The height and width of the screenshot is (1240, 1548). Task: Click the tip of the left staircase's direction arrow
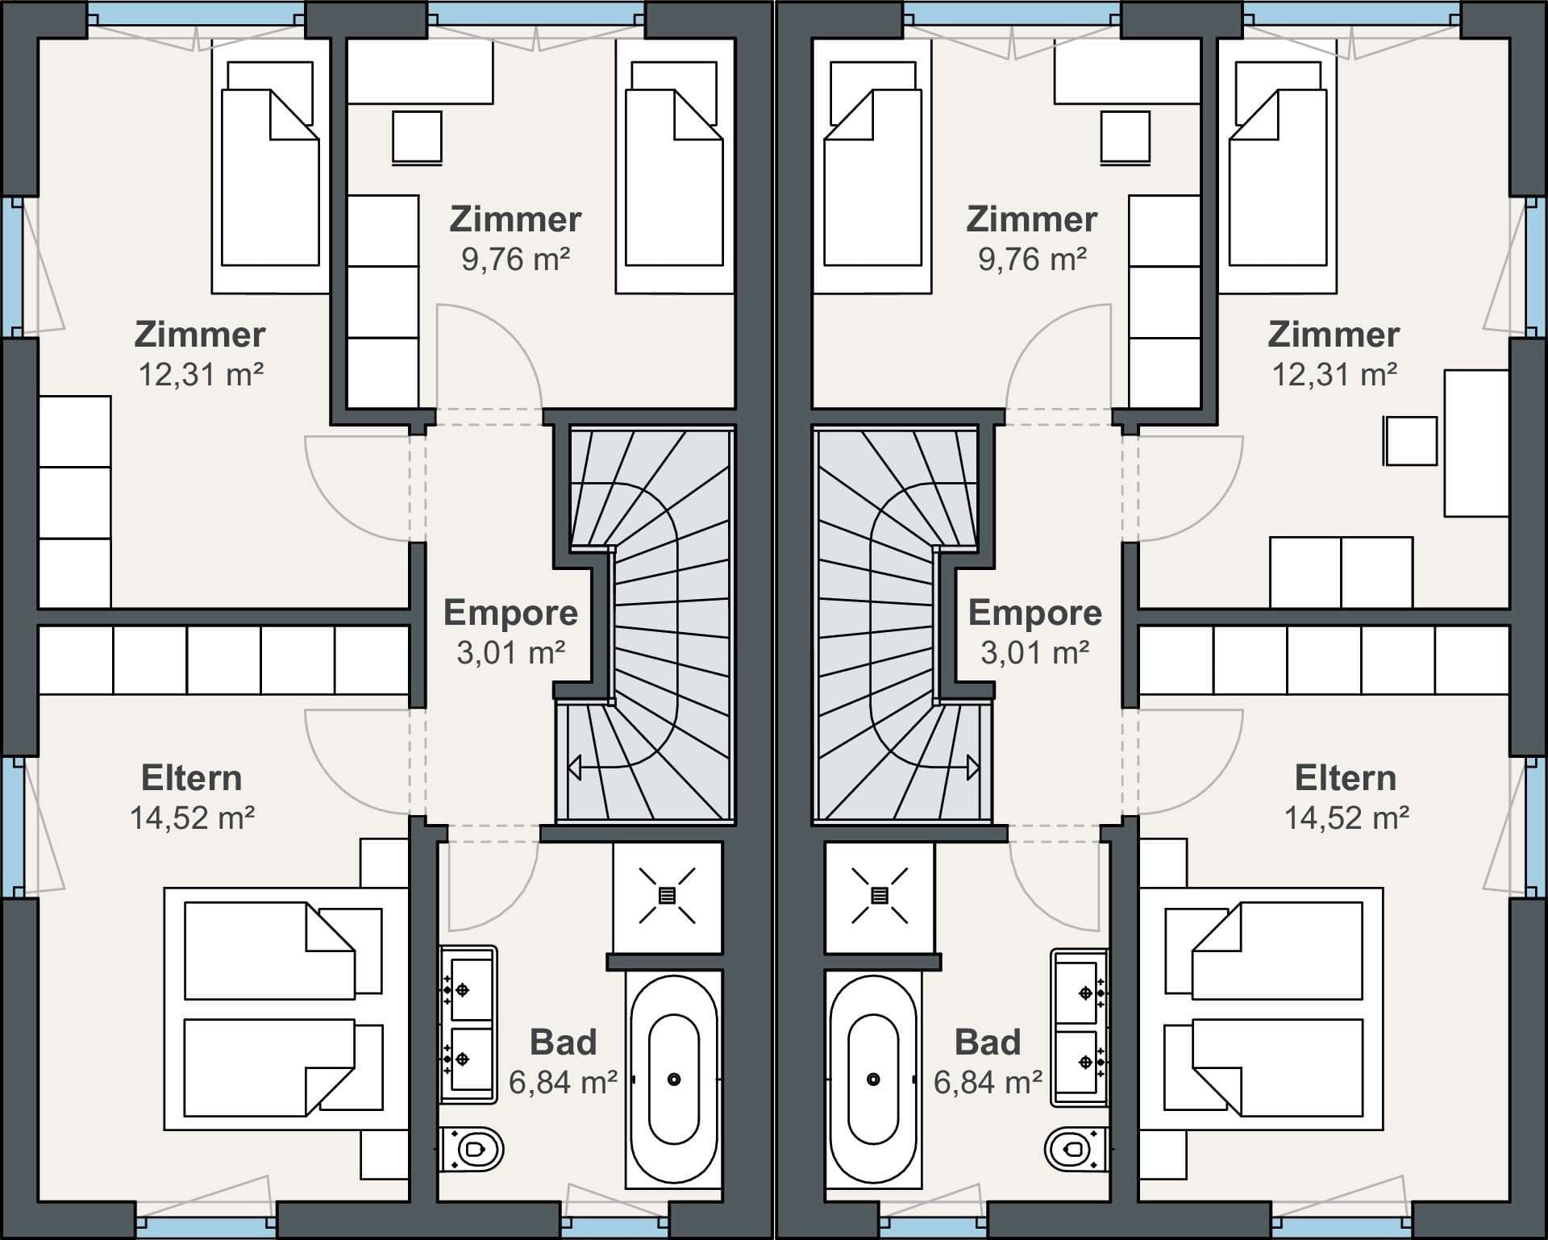point(569,768)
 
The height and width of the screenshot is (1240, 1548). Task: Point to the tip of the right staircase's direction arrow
point(979,768)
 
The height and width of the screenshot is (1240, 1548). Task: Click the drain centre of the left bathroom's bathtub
point(674,1080)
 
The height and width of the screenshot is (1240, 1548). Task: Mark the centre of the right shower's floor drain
point(880,895)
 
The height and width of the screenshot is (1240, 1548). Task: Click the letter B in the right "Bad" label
point(966,1042)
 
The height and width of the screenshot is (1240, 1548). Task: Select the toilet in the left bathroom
point(472,1148)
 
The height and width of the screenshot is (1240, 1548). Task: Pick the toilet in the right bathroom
point(1076,1148)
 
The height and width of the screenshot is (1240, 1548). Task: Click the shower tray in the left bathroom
point(668,897)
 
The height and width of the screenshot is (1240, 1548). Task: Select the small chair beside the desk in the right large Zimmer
point(1410,441)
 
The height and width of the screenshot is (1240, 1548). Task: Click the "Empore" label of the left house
point(511,614)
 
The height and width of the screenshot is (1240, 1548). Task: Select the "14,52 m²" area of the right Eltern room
point(1346,818)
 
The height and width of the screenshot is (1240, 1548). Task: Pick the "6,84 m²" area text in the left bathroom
point(563,1082)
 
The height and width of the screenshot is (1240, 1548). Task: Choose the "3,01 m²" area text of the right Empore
point(1035,653)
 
